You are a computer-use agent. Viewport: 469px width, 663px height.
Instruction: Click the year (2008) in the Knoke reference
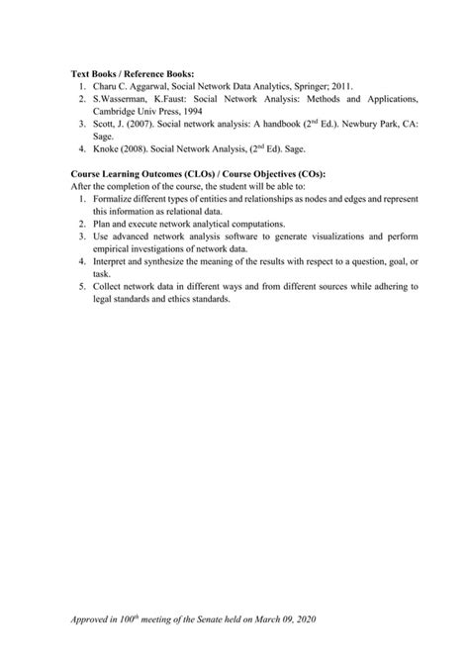click(143, 151)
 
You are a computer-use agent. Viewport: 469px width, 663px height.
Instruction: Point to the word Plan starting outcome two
click(103, 225)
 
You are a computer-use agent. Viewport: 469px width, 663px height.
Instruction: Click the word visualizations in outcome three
click(356, 237)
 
